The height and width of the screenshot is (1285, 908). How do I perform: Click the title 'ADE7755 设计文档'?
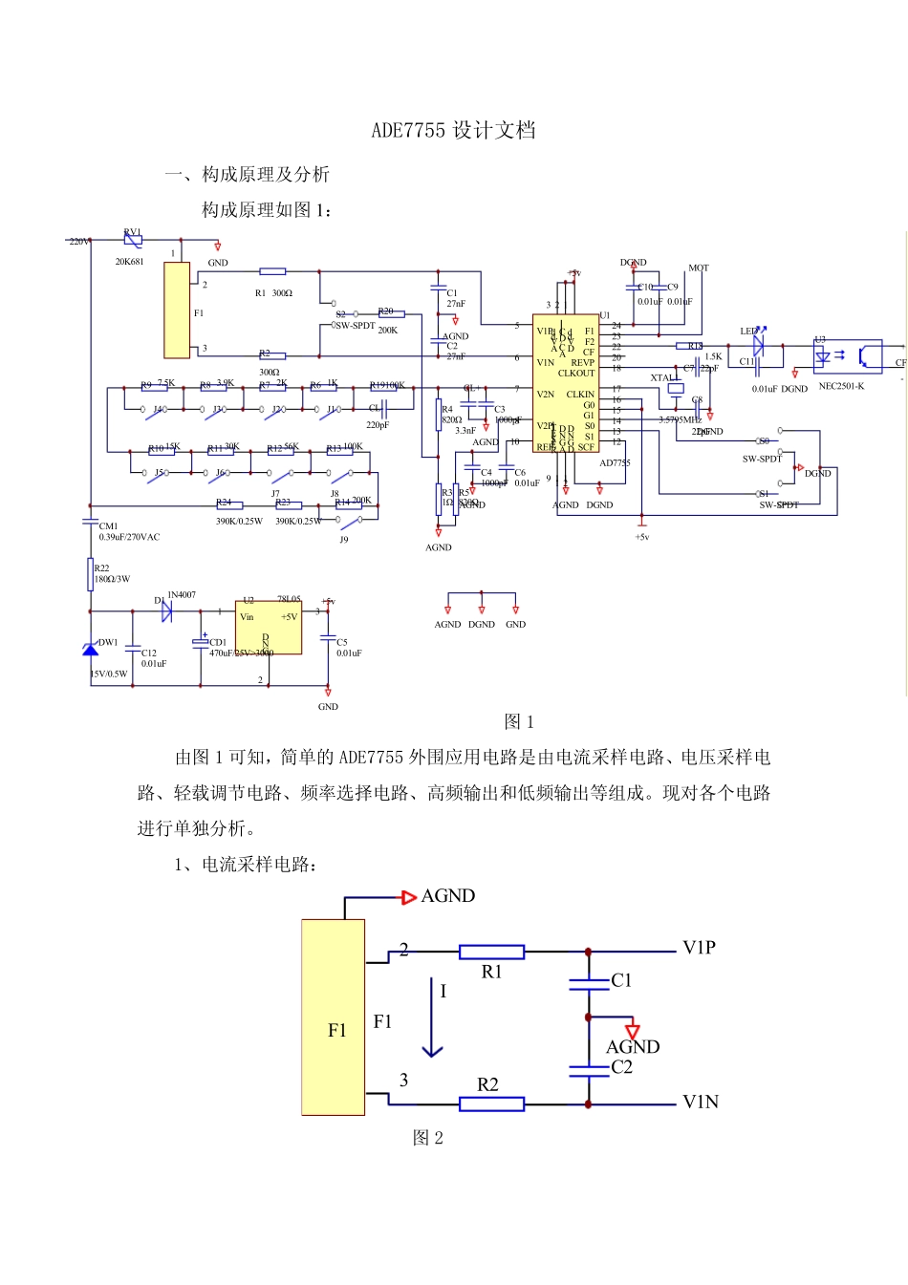pos(453,131)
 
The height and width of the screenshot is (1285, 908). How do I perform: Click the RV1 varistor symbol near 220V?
pos(133,241)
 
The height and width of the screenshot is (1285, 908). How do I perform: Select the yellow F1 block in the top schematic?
pos(177,310)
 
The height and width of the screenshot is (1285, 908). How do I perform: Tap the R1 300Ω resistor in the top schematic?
pos(272,271)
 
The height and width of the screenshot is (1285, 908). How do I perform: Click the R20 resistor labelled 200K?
pos(391,313)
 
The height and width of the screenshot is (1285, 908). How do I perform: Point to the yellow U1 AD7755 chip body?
pos(565,387)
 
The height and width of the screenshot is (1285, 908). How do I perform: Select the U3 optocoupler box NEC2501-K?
pos(847,356)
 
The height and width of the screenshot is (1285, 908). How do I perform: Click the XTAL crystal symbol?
pos(675,388)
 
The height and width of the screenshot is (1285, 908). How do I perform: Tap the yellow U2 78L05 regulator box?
pos(269,628)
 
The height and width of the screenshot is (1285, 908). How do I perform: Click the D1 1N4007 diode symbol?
pos(166,611)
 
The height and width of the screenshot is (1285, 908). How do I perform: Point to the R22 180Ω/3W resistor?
pos(90,575)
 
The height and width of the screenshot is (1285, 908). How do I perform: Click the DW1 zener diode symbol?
pos(90,650)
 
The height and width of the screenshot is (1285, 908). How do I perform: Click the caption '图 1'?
pos(519,722)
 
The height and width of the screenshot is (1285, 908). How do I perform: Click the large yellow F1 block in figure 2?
pos(334,1017)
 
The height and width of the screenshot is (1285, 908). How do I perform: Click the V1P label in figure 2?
pos(699,948)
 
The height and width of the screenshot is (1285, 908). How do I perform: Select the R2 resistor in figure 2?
pos(491,1103)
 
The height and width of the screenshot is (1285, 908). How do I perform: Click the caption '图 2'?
pos(427,1138)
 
